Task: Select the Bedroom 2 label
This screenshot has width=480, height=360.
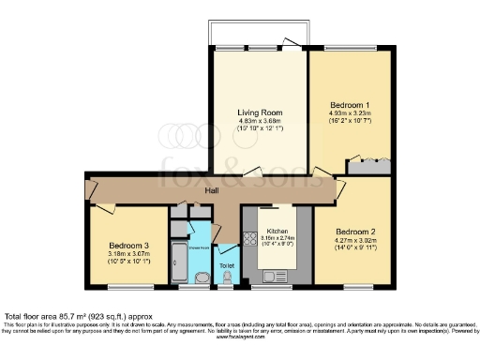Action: point(355,231)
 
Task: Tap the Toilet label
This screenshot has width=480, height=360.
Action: point(227,265)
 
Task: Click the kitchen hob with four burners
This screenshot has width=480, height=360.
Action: point(250,239)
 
